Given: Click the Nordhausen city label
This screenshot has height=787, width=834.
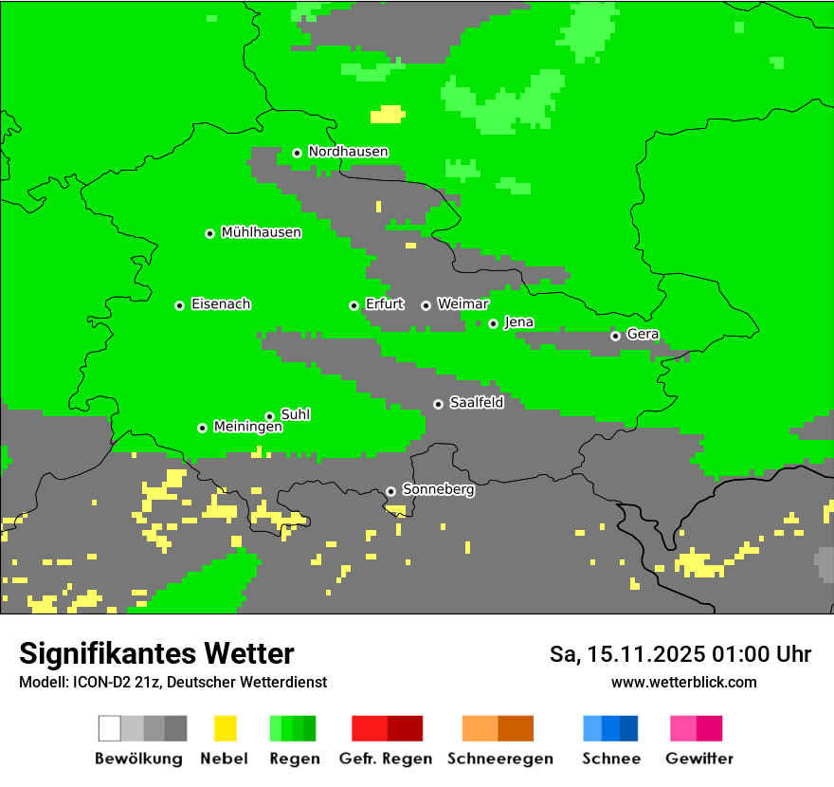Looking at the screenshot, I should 348,152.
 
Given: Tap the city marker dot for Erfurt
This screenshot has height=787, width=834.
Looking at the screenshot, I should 354,305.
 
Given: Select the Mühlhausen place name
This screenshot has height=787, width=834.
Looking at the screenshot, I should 261,232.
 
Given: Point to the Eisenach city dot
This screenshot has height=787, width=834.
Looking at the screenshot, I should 179,305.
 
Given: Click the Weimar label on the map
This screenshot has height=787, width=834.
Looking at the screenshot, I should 462,304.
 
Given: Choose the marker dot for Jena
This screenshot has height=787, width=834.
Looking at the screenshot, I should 493,323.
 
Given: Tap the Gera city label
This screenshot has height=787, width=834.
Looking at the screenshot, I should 642,335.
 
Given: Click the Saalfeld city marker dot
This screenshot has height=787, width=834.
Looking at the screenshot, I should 438,404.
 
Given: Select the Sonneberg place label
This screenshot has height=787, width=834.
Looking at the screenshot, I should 438,490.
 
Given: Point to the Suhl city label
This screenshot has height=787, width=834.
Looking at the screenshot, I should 295,414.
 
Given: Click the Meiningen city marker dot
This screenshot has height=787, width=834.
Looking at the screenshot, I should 202,428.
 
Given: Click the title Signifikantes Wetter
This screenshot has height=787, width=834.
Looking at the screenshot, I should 156,653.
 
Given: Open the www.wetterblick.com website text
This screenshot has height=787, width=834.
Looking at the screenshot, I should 683,682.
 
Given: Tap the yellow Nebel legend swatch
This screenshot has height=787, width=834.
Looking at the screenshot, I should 225,728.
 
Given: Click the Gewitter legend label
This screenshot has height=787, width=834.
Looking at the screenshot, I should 698,759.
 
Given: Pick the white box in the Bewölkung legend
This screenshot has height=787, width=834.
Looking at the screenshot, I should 110,728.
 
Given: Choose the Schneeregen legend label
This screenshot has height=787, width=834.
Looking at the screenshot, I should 499,759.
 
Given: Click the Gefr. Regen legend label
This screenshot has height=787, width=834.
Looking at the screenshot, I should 385,759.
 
